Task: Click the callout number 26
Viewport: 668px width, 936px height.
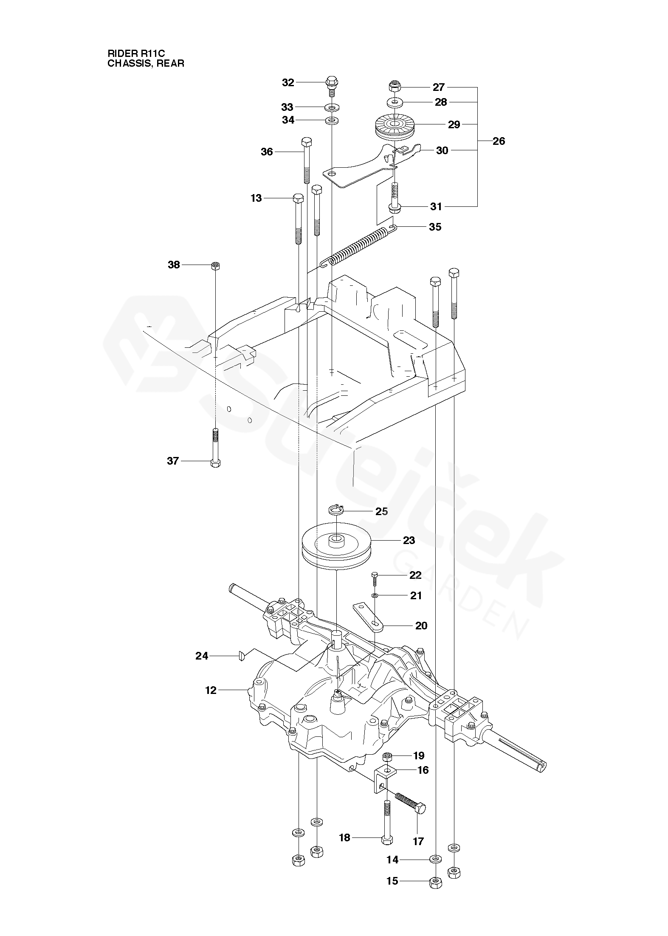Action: click(499, 141)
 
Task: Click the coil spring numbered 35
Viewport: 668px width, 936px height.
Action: click(358, 246)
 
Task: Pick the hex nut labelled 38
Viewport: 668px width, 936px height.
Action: click(216, 266)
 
